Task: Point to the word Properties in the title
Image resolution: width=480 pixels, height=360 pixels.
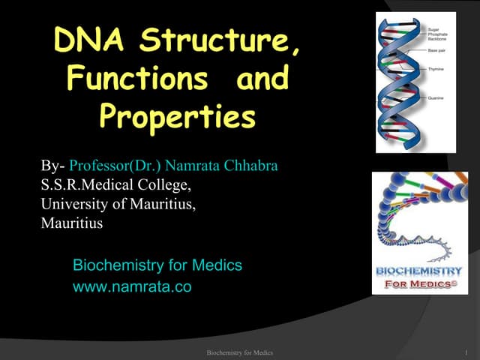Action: (x=177, y=115)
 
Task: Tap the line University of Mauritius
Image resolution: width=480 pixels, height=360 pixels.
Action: (x=118, y=203)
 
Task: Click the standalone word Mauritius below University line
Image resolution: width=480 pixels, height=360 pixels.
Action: (x=72, y=223)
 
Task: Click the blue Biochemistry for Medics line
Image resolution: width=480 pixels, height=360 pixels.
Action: (x=157, y=265)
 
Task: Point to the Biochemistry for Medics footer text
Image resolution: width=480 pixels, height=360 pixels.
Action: (x=239, y=352)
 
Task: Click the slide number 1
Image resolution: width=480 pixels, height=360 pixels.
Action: (x=466, y=352)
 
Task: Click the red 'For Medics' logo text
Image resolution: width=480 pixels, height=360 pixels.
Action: (x=418, y=284)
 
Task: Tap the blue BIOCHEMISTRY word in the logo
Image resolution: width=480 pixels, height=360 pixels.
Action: (x=418, y=271)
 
